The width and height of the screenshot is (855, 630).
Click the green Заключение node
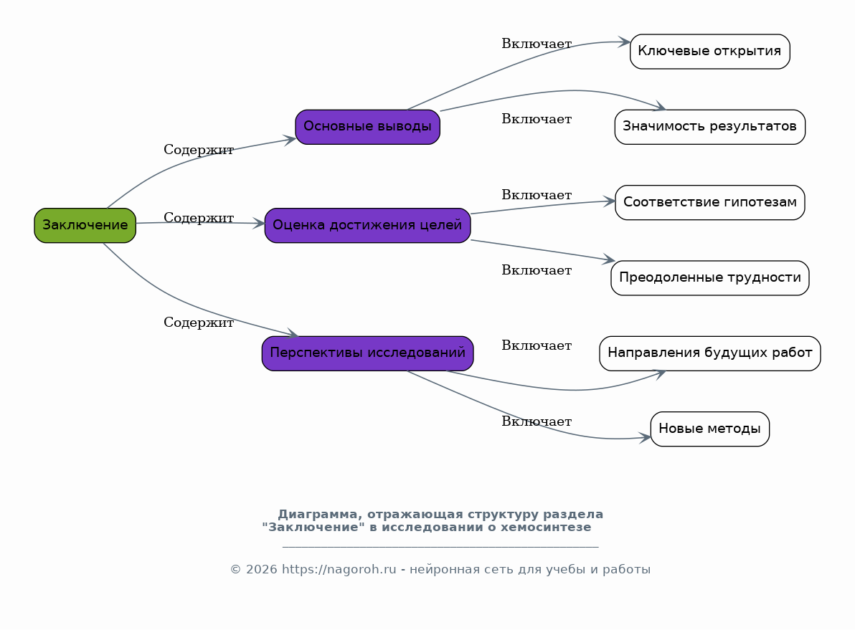pyautogui.click(x=85, y=225)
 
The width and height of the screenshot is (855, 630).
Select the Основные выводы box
pyautogui.click(x=367, y=127)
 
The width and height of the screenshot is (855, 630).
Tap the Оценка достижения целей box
pyautogui.click(x=367, y=225)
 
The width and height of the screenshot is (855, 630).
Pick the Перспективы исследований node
pyautogui.click(x=367, y=353)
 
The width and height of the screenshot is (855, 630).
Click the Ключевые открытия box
pyautogui.click(x=710, y=52)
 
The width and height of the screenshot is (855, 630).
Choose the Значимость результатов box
pyautogui.click(x=710, y=127)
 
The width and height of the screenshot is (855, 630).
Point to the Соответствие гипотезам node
pyautogui.click(x=710, y=203)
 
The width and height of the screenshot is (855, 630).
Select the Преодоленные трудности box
pyautogui.click(x=710, y=278)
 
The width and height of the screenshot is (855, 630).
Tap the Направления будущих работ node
pyautogui.click(x=710, y=353)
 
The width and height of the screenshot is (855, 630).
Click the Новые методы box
pyautogui.click(x=710, y=429)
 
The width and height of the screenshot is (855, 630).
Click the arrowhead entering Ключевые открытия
pyautogui.click(x=625, y=42)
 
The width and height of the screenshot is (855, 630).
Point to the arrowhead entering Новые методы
pyautogui.click(x=645, y=437)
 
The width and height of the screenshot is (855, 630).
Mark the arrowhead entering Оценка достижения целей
pyautogui.click(x=259, y=224)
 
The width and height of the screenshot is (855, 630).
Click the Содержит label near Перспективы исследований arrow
pyautogui.click(x=199, y=323)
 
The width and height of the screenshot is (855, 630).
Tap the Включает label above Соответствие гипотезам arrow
pyautogui.click(x=537, y=195)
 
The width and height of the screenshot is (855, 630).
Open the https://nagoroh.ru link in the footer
pyautogui.click(x=339, y=570)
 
